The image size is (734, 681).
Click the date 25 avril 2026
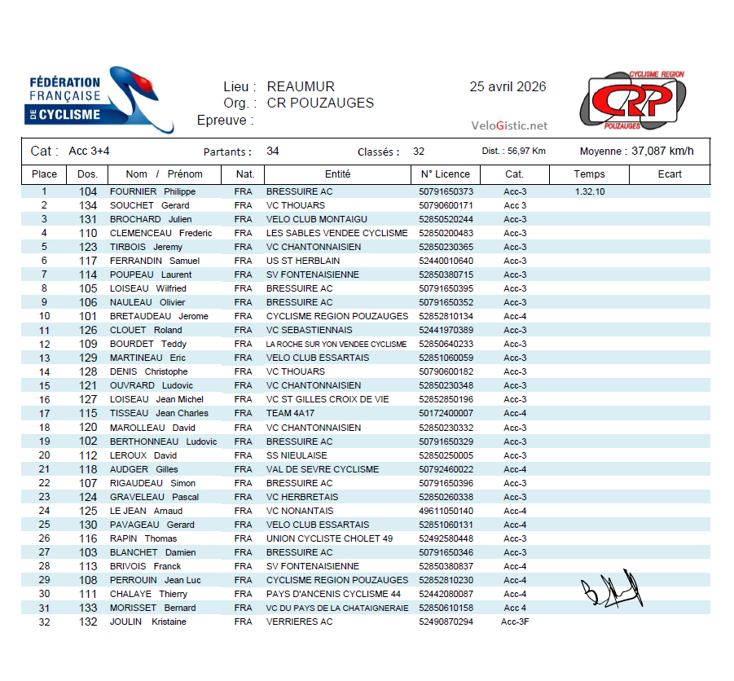tap(508, 87)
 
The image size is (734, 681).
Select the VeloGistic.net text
tap(509, 125)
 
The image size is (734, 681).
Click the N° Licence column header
tap(445, 174)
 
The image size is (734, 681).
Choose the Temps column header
tap(589, 174)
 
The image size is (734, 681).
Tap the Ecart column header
tap(670, 174)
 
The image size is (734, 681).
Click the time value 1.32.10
tap(589, 191)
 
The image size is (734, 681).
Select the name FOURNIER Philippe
tap(152, 191)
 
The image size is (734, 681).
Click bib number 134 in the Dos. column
tap(87, 205)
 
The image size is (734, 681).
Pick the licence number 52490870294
tap(446, 622)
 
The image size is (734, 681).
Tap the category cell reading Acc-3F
tap(515, 622)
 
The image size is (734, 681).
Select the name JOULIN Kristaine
tap(147, 622)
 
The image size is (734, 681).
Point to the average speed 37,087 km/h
tap(662, 151)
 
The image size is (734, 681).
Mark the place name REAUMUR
tap(301, 87)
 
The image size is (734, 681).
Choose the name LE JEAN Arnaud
tap(146, 511)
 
